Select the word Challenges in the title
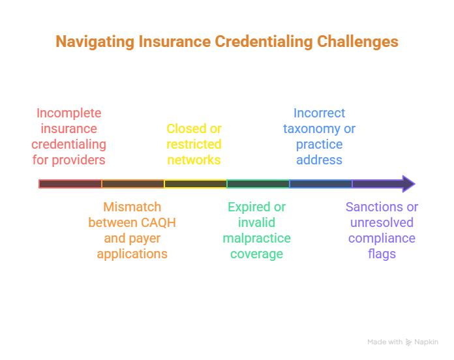[x=357, y=42]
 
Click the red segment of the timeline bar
[x=70, y=184]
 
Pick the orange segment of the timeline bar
[x=132, y=184]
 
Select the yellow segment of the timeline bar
[x=195, y=184]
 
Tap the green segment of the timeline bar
[x=258, y=184]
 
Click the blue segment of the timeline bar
[x=320, y=184]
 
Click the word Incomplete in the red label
[x=68, y=113]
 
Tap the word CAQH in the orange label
[x=160, y=222]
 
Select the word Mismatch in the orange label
[x=132, y=207]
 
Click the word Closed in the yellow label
[x=183, y=128]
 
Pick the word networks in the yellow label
[x=194, y=160]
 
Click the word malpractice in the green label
[x=256, y=238]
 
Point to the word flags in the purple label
[x=382, y=254]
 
